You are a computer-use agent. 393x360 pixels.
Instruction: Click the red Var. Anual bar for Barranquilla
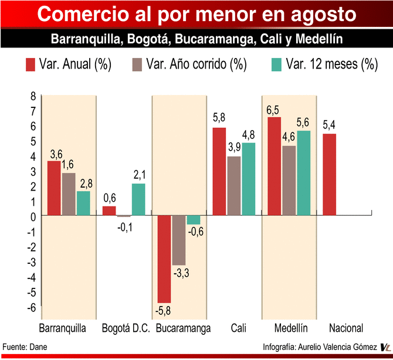(x=53, y=188)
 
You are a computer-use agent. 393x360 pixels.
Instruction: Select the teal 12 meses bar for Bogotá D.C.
(x=138, y=200)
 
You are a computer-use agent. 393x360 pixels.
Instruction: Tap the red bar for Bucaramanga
(x=164, y=259)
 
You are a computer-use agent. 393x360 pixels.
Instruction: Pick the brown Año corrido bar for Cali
(x=234, y=186)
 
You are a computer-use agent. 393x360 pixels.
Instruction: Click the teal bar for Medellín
(x=303, y=173)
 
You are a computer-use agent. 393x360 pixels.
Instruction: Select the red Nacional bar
(x=330, y=175)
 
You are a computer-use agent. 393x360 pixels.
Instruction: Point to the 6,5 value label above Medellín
(x=274, y=110)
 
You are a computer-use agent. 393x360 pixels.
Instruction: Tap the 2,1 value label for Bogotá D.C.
(x=138, y=175)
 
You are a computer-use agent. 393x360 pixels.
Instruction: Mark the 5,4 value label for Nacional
(x=330, y=125)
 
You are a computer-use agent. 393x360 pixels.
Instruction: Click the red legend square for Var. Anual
(x=30, y=64)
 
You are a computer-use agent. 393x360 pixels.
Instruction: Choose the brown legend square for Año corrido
(x=137, y=64)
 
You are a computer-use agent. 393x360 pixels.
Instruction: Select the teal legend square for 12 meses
(x=276, y=64)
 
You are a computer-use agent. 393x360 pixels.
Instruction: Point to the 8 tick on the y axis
(x=33, y=96)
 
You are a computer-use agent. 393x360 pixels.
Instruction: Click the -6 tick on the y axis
(x=31, y=307)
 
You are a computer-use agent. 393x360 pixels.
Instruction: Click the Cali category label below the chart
(x=238, y=328)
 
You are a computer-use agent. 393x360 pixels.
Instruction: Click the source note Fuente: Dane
(x=25, y=347)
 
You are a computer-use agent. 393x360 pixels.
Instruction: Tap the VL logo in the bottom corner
(x=385, y=348)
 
